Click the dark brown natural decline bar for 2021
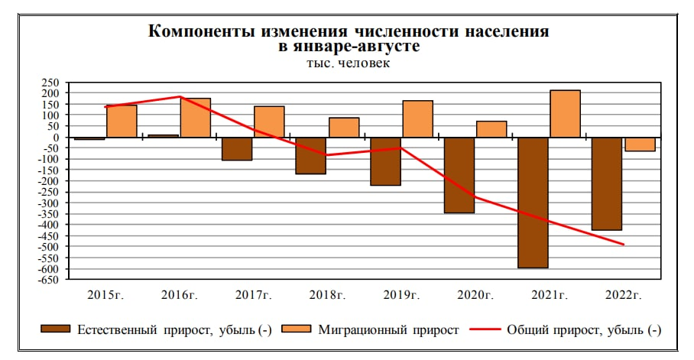point(533,203)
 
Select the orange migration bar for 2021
point(565,114)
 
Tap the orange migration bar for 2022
point(640,144)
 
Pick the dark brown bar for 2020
point(459,175)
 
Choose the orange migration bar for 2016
point(195,118)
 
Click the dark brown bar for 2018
point(310,156)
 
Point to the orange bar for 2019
point(417,119)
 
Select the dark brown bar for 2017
point(236,149)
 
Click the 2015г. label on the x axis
point(106,294)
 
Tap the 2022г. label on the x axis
point(623,294)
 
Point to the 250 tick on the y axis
point(49,82)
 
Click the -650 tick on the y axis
point(47,281)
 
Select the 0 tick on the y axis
point(55,137)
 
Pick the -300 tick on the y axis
point(47,203)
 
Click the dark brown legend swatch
point(54,329)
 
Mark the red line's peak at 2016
point(180,97)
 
